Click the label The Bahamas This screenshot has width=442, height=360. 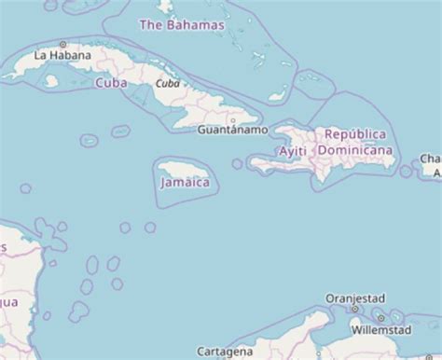(x=181, y=25)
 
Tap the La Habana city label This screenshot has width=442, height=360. (x=62, y=56)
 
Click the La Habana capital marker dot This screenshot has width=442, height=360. (x=63, y=44)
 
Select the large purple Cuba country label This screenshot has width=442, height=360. (x=111, y=83)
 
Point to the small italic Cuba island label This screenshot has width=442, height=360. (x=167, y=84)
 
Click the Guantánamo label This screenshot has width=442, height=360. (x=232, y=130)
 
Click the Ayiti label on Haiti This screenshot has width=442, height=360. (x=293, y=150)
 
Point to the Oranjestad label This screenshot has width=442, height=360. (x=354, y=298)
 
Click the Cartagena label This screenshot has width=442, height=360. (x=224, y=352)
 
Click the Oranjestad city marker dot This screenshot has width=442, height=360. (x=354, y=309)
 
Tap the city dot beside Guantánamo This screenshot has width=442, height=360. (x=233, y=119)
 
